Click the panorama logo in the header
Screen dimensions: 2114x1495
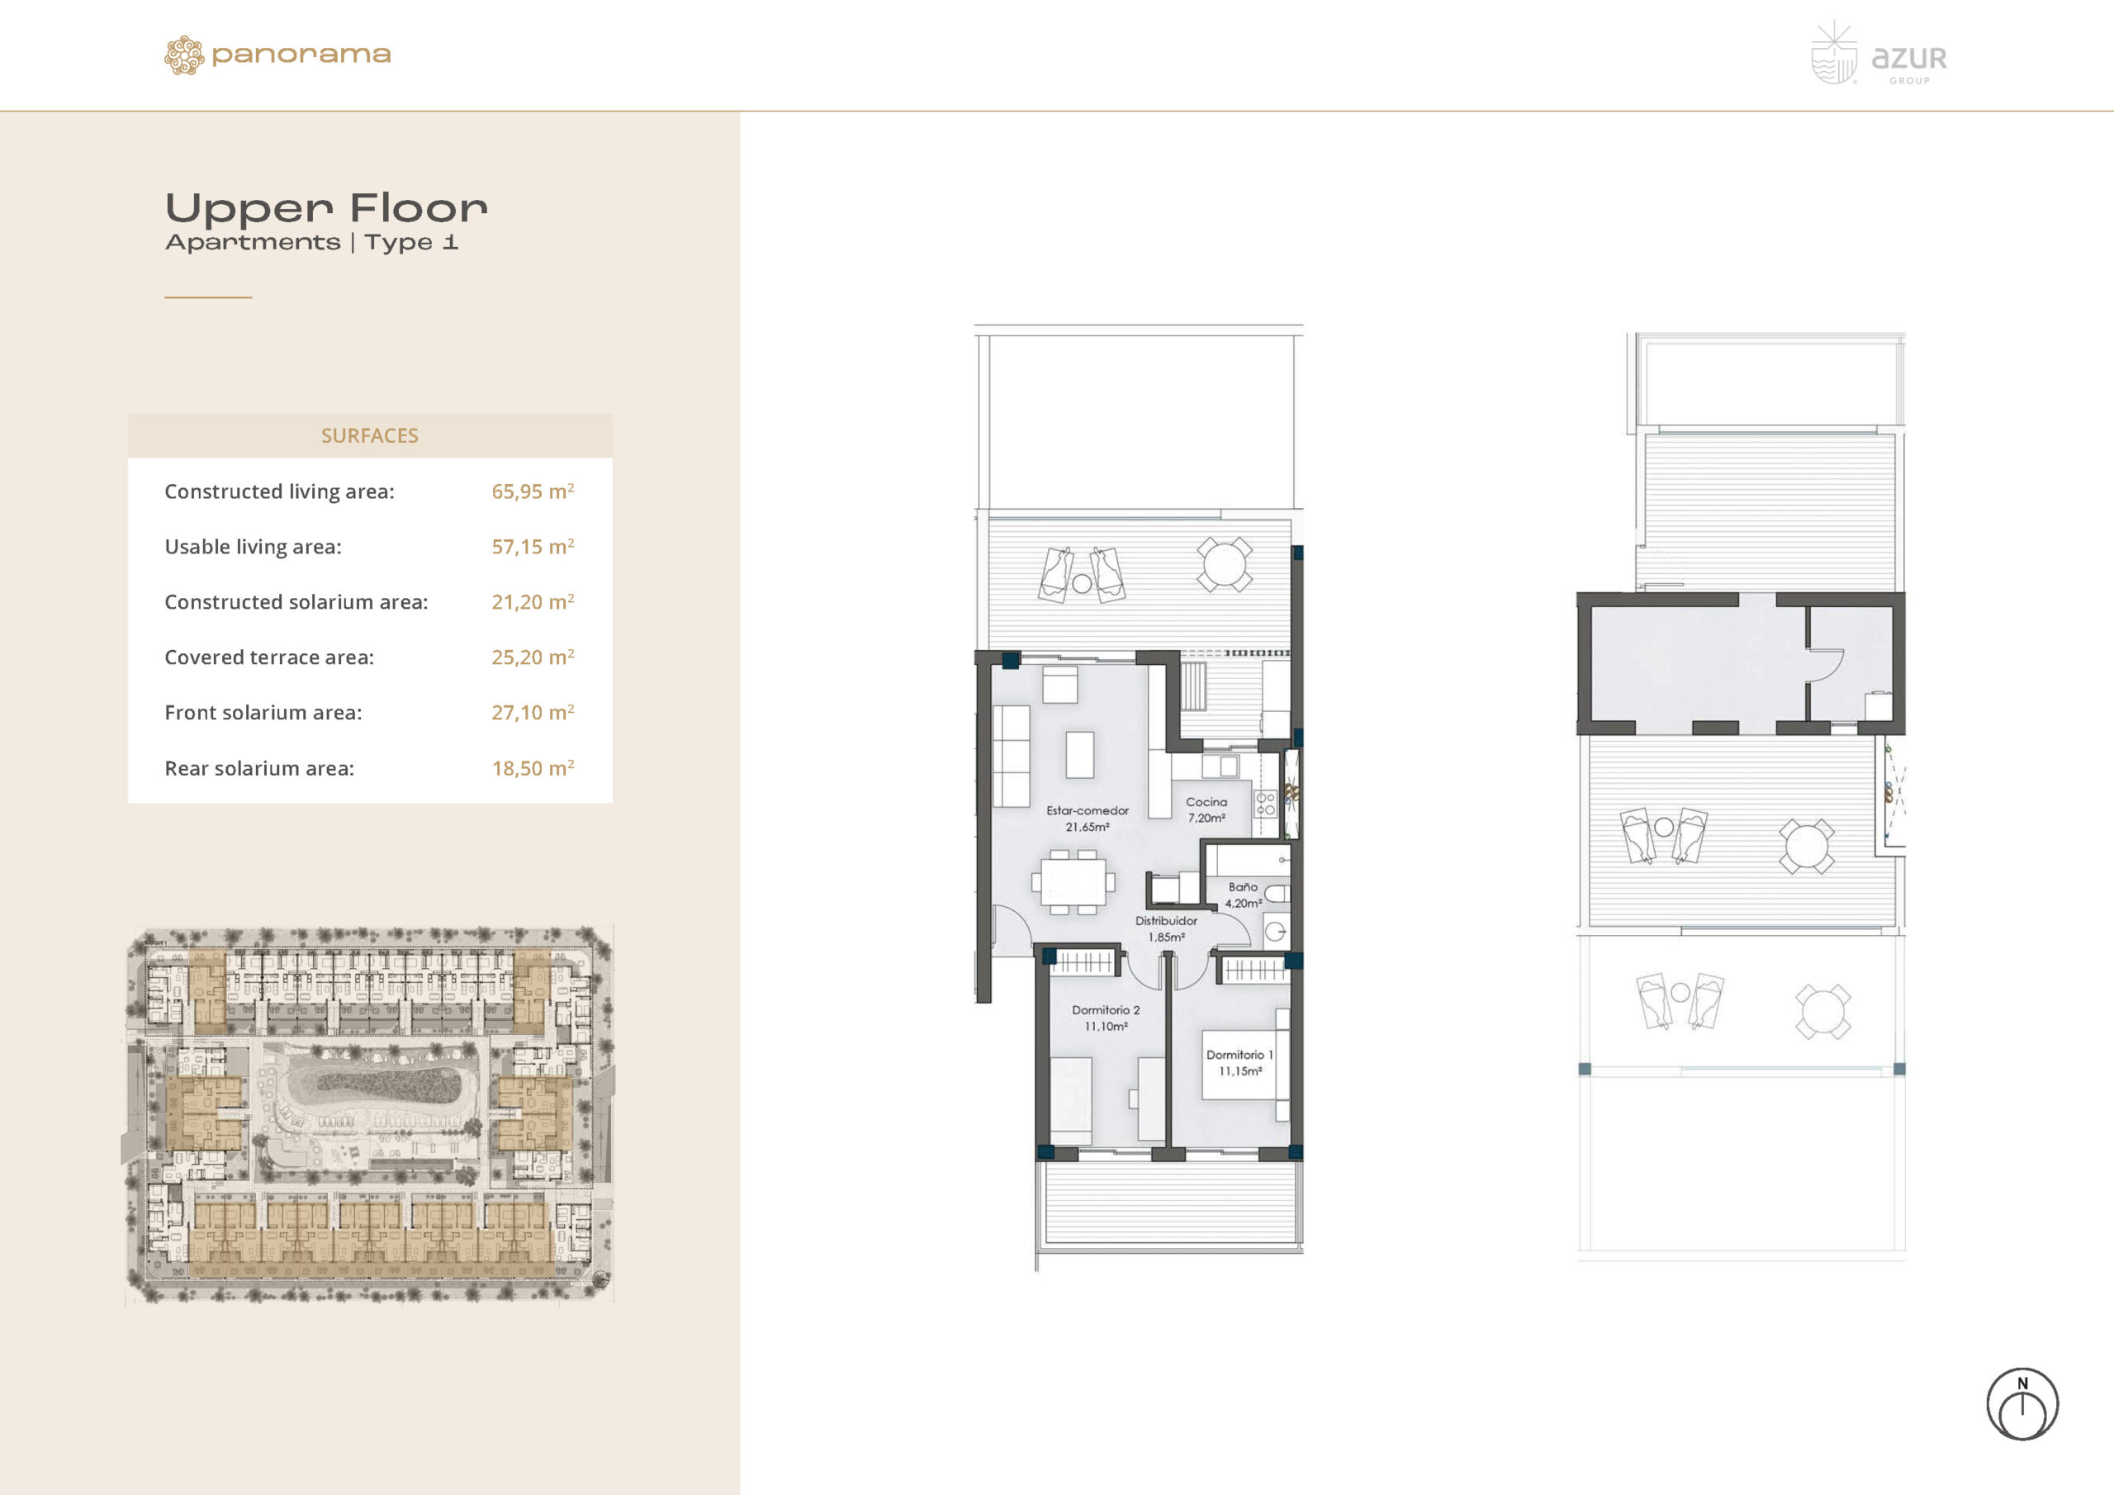[277, 55]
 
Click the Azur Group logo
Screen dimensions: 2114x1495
[1879, 55]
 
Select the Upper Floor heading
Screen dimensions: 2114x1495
[326, 208]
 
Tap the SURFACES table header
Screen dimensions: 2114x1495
[369, 435]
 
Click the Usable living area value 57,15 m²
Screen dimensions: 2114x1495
[532, 546]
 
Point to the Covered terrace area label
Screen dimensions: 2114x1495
[269, 657]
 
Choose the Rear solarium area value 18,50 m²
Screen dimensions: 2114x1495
[532, 767]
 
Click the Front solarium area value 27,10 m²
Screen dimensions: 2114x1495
[532, 712]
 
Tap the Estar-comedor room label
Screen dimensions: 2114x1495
[1088, 810]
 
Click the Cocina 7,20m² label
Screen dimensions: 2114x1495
[1206, 809]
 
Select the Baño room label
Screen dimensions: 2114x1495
[1243, 887]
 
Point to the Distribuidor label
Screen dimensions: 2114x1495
[1166, 920]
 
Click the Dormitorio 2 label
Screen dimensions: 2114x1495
[1106, 1009]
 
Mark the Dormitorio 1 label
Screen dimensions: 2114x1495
[1239, 1055]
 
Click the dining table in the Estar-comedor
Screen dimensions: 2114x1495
[1073, 881]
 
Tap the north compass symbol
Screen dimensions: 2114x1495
[2022, 1404]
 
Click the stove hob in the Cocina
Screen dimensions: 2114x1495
[1265, 804]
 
